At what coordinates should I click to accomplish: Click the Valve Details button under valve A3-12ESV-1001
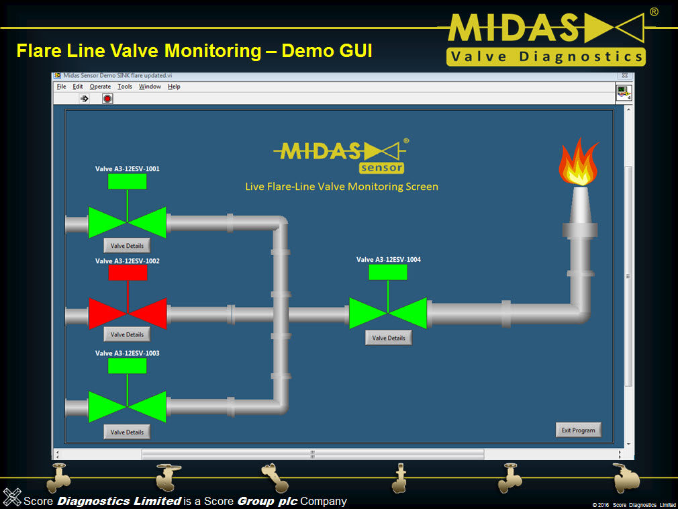click(127, 246)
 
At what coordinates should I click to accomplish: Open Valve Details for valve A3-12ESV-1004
click(389, 338)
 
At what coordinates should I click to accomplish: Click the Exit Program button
click(579, 430)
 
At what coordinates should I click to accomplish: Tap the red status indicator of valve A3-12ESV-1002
click(127, 272)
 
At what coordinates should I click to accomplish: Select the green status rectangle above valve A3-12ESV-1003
click(127, 365)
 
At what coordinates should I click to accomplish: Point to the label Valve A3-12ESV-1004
click(388, 259)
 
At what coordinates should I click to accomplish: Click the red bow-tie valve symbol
click(127, 314)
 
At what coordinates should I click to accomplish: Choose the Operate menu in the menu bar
click(100, 87)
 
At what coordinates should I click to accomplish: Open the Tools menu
click(125, 87)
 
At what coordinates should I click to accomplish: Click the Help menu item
click(174, 87)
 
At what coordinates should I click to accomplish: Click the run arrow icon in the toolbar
click(85, 99)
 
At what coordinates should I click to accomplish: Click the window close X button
click(624, 77)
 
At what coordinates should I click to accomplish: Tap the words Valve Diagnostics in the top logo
click(546, 56)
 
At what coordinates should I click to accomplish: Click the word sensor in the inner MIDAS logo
click(381, 168)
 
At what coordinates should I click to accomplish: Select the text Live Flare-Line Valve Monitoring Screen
click(341, 186)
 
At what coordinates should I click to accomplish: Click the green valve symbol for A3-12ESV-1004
click(388, 314)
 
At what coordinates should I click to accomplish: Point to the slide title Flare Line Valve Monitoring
click(193, 50)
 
